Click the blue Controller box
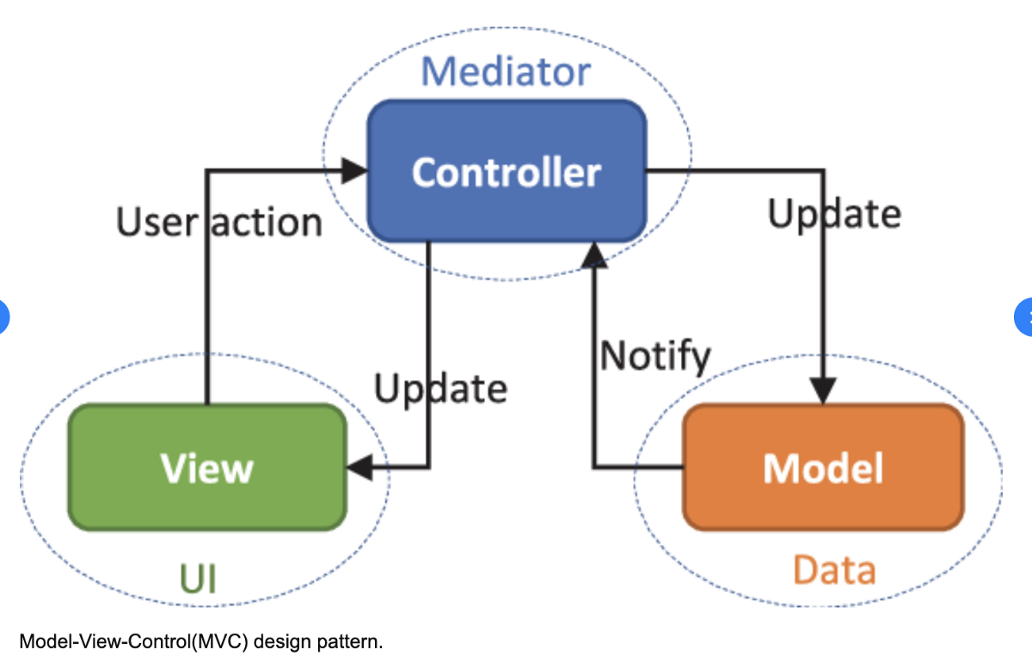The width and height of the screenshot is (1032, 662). [507, 172]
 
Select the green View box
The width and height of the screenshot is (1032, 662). [207, 467]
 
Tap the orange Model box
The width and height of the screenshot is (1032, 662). [823, 467]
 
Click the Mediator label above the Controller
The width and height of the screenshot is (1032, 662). [506, 71]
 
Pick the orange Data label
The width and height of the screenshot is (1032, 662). [833, 570]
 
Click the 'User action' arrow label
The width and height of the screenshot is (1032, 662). [219, 223]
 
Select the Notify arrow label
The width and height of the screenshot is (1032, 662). [655, 355]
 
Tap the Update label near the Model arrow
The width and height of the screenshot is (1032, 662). [834, 213]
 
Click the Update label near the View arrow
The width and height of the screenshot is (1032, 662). [440, 389]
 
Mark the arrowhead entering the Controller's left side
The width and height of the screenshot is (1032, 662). [355, 170]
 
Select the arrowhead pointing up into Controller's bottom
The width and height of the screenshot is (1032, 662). [593, 254]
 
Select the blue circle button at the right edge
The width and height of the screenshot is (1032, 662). [1025, 316]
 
